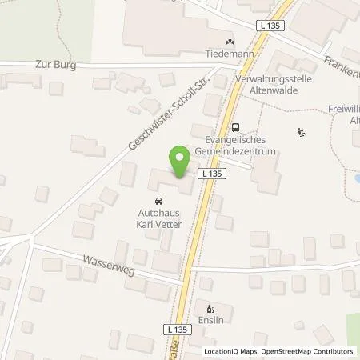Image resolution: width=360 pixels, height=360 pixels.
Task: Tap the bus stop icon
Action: [x=235, y=126]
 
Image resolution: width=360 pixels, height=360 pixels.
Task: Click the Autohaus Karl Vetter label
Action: [x=157, y=220]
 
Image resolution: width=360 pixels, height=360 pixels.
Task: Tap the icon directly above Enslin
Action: [x=210, y=307]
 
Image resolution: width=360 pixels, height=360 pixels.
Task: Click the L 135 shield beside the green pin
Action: [x=211, y=173]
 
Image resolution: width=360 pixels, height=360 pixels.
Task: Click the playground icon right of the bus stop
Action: [x=301, y=133]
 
